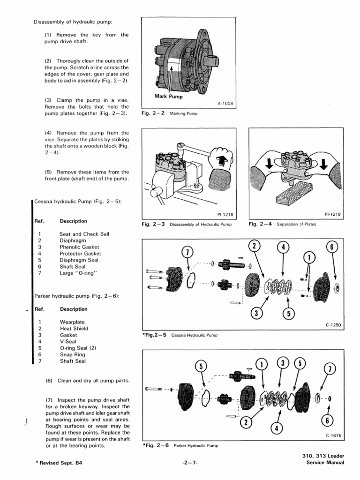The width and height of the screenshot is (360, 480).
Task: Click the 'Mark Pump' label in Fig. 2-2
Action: click(168, 97)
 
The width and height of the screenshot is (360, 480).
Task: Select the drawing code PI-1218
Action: click(225, 215)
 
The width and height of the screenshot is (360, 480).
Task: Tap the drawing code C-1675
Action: click(333, 436)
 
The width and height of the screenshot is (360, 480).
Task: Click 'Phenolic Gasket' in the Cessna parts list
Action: click(79, 247)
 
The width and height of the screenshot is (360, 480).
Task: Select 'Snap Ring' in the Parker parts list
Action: click(73, 355)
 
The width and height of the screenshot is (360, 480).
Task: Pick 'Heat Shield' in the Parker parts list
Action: click(74, 329)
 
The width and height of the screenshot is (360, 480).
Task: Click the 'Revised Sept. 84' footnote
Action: click(59, 463)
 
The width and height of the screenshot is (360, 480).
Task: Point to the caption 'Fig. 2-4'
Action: click(261, 224)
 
